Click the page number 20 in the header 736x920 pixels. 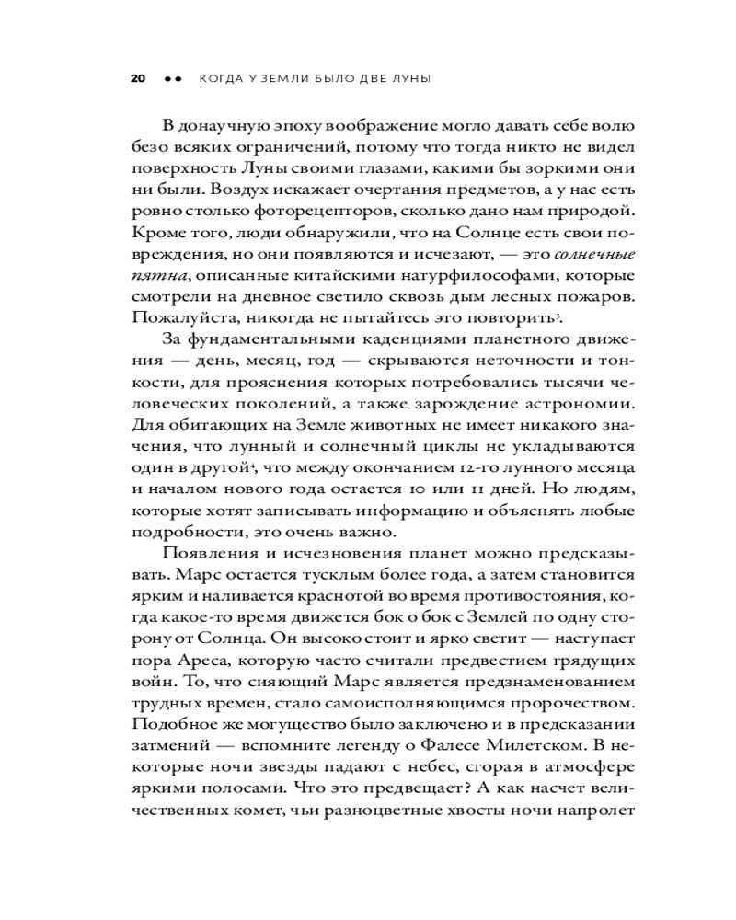pos(138,79)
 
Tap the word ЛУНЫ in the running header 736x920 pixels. pos(408,79)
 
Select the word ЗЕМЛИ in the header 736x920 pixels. pos(284,79)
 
